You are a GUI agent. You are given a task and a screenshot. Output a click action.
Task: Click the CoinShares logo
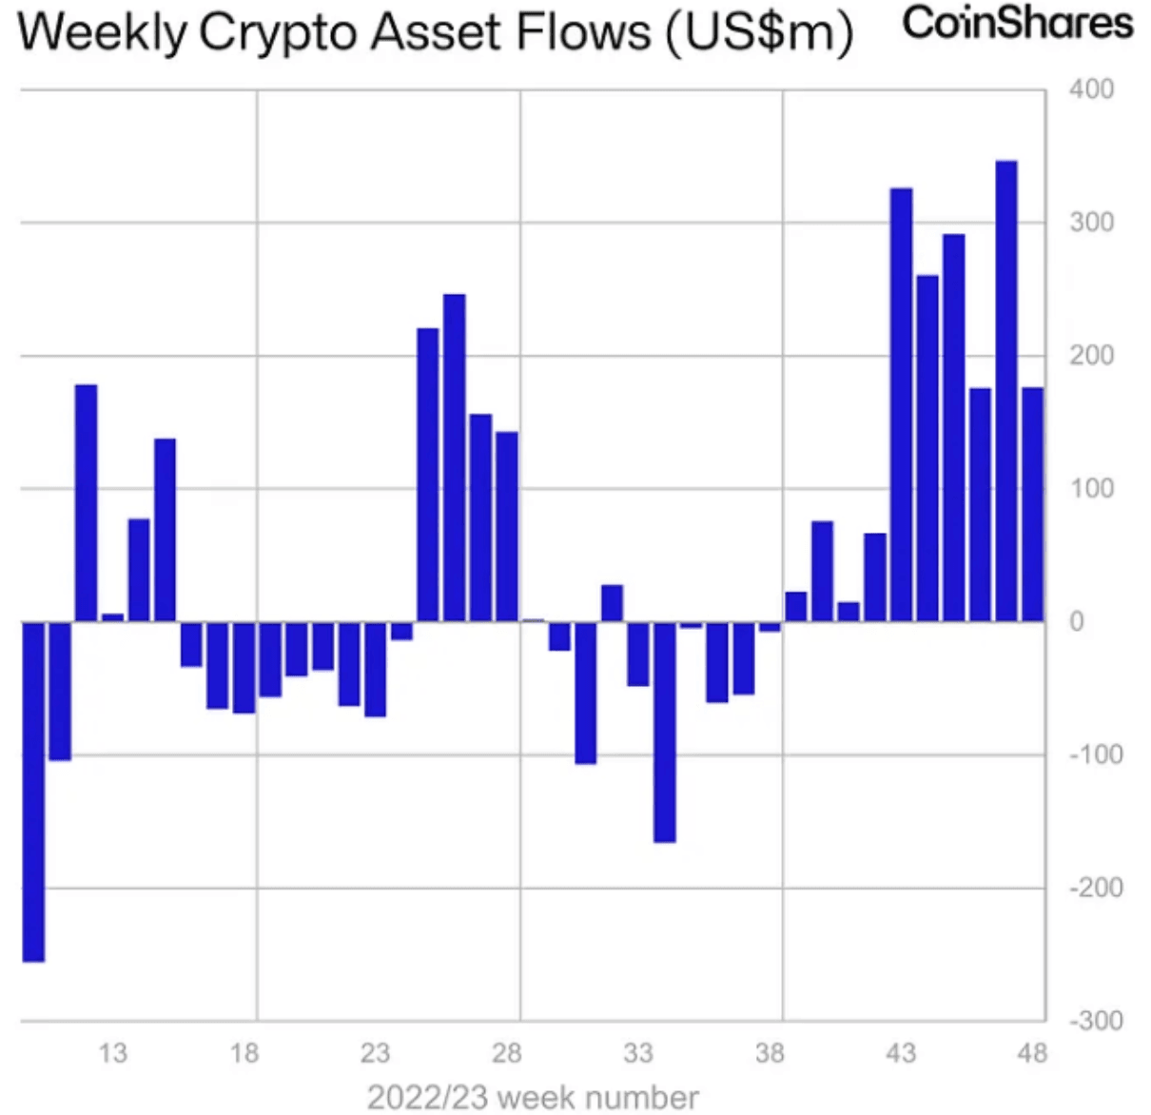pyautogui.click(x=1017, y=23)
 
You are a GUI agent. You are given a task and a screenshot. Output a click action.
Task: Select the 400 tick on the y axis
pyautogui.click(x=1091, y=89)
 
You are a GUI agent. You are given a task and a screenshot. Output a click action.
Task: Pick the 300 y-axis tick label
pyautogui.click(x=1091, y=223)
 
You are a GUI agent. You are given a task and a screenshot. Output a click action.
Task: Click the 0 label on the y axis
pyautogui.click(x=1077, y=621)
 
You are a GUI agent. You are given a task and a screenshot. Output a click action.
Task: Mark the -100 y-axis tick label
pyautogui.click(x=1095, y=754)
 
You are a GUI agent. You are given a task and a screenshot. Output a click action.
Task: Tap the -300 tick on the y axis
pyautogui.click(x=1095, y=1021)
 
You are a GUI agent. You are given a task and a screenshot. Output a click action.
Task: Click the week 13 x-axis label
pyautogui.click(x=112, y=1053)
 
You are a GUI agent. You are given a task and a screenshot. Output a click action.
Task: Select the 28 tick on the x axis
pyautogui.click(x=506, y=1053)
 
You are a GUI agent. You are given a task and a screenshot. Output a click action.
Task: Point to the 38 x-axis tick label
pyautogui.click(x=770, y=1053)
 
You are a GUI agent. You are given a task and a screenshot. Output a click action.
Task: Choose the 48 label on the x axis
pyautogui.click(x=1032, y=1053)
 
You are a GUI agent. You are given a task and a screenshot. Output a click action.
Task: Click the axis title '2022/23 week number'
pyautogui.click(x=533, y=1097)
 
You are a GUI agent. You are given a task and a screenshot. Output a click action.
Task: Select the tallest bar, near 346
pyautogui.click(x=1006, y=390)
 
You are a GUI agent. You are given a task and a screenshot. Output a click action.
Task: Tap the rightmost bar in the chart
pyautogui.click(x=1033, y=504)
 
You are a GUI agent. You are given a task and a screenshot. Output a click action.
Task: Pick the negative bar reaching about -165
pyautogui.click(x=664, y=732)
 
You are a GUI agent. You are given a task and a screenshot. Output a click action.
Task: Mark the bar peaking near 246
pyautogui.click(x=455, y=458)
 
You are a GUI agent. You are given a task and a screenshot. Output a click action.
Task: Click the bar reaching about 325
pyautogui.click(x=901, y=404)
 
